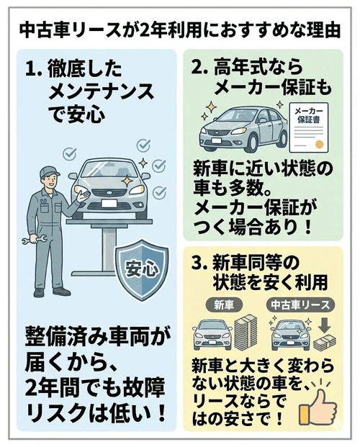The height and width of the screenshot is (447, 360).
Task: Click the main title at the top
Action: pyautogui.click(x=180, y=31)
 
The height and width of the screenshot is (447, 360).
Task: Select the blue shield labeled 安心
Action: pyautogui.click(x=141, y=271)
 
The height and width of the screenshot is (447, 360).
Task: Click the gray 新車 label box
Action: pyautogui.click(x=222, y=304)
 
